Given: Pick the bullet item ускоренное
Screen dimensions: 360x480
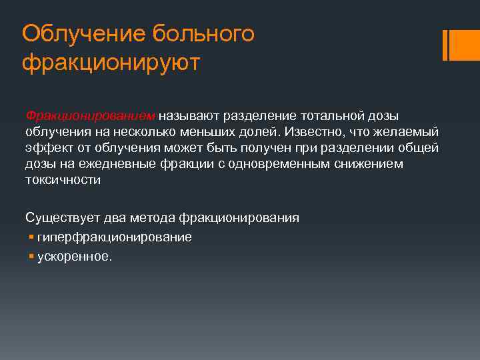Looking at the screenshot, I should click(x=75, y=256).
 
